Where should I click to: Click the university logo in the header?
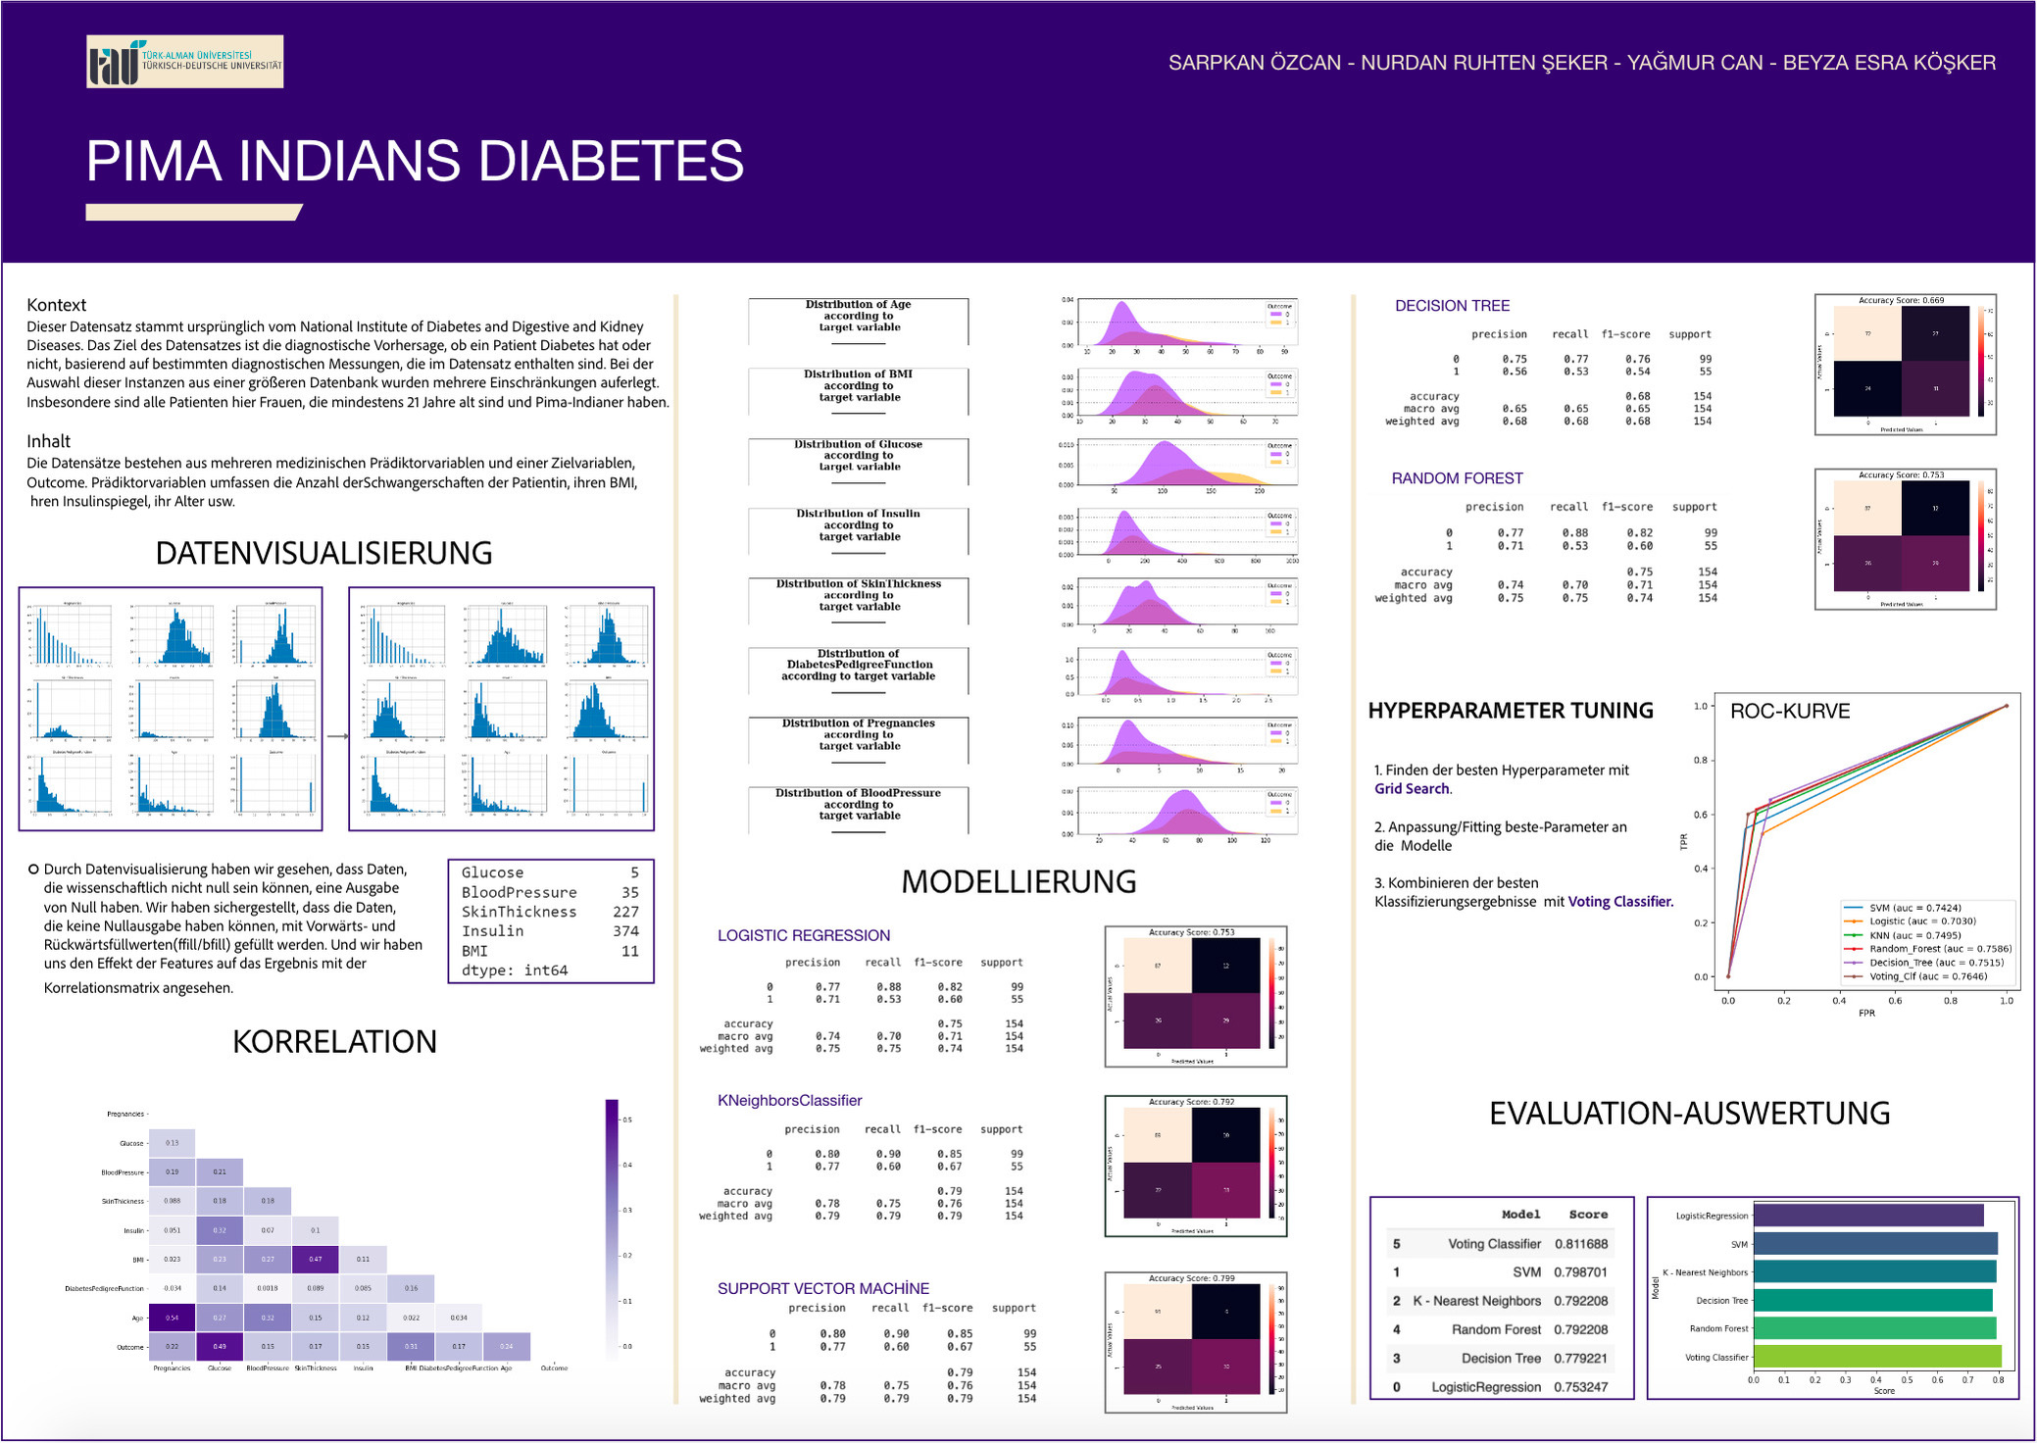coord(184,62)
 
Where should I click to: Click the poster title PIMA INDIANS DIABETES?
coord(415,161)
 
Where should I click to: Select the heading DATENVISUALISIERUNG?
coord(323,553)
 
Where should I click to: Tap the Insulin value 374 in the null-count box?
coord(625,931)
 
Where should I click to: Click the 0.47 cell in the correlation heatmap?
coord(315,1259)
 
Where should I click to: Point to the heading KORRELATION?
coord(334,1041)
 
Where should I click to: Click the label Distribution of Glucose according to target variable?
coord(859,456)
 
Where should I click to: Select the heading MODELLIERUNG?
coord(1018,881)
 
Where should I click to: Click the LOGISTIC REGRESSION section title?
coord(804,935)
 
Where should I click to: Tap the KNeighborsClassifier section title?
coord(790,1100)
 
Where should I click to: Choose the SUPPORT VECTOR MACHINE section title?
coord(823,1288)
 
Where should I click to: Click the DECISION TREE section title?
coord(1452,306)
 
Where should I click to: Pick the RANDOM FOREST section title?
coord(1458,478)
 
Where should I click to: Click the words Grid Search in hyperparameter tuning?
coord(1412,789)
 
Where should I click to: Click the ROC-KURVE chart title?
coord(1790,711)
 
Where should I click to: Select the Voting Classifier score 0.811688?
coord(1580,1244)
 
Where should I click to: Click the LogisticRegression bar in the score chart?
coord(1867,1216)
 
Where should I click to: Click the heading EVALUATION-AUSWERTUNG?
coord(1689,1113)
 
